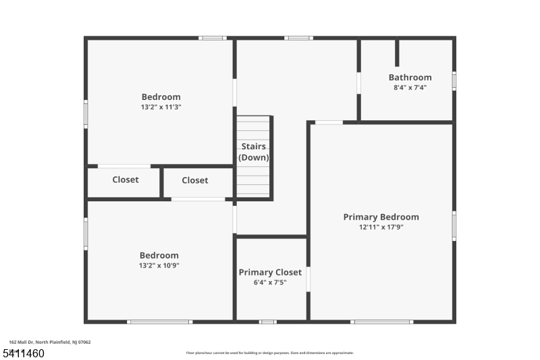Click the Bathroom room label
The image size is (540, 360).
click(410, 78)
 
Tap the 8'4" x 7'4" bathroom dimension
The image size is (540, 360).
click(410, 88)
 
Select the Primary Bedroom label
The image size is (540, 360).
click(381, 217)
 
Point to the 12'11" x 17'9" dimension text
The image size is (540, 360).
click(381, 228)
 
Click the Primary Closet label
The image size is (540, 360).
click(270, 272)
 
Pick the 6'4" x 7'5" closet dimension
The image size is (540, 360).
click(270, 282)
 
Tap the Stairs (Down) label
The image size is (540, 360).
click(254, 152)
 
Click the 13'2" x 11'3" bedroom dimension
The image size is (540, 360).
click(161, 107)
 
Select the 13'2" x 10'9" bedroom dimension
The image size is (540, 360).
click(159, 265)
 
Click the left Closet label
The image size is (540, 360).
click(126, 180)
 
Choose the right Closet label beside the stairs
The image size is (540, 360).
click(195, 180)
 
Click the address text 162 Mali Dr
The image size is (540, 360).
click(50, 342)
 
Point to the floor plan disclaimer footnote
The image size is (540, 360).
click(269, 353)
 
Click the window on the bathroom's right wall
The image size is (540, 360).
click(454, 80)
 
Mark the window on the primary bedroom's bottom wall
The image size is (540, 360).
click(382, 322)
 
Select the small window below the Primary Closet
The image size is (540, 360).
click(268, 322)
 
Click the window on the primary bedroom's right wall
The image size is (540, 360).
click(454, 226)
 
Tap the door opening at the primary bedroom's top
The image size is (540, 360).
click(329, 122)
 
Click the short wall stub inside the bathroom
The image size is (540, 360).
click(397, 53)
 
